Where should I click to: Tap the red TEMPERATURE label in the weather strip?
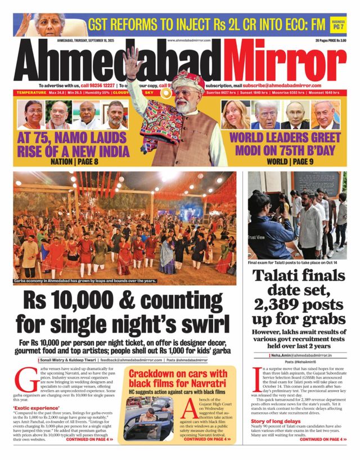click(x=31, y=92)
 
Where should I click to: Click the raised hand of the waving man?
click(x=133, y=57)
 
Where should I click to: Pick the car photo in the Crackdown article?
click(x=149, y=417)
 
